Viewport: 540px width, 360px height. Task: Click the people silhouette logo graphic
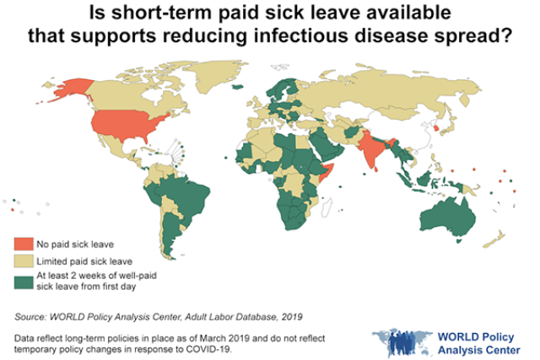(x=400, y=340)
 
